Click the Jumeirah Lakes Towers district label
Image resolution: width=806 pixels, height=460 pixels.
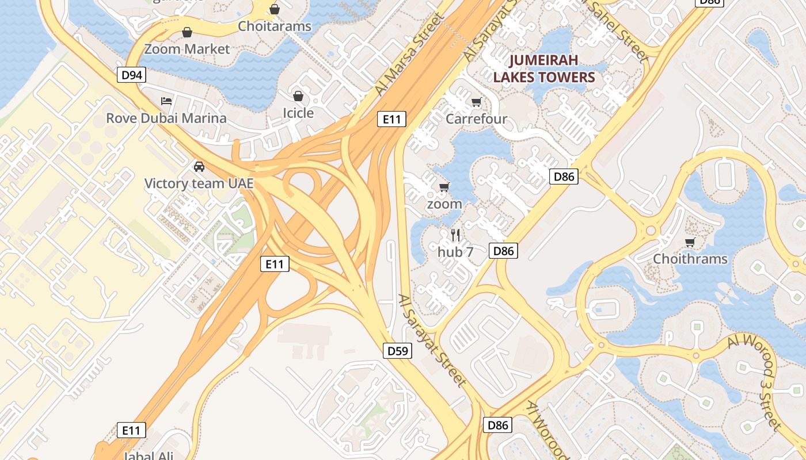tap(544, 68)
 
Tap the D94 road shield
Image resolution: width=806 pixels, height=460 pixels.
tap(131, 74)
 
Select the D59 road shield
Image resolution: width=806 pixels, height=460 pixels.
tap(398, 350)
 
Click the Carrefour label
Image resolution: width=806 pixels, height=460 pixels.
tap(476, 119)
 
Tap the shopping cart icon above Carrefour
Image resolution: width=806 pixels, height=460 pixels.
tap(476, 102)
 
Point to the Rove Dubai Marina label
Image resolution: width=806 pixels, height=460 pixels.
tap(166, 118)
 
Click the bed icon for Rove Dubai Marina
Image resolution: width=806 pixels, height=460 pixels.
tap(166, 102)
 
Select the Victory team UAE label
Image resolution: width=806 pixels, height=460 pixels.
tap(199, 183)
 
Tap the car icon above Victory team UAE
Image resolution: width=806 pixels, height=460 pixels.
tap(199, 167)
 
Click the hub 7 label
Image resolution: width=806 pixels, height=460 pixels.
tap(455, 251)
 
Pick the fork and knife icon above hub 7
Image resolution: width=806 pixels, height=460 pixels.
tap(455, 235)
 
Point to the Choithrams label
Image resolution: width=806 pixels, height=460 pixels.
tap(690, 259)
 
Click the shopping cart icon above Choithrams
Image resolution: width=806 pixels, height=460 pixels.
tap(690, 242)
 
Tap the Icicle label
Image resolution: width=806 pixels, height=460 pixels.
tap(298, 113)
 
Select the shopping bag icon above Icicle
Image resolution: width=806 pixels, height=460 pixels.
tap(298, 96)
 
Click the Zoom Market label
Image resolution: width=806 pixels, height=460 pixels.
tap(187, 49)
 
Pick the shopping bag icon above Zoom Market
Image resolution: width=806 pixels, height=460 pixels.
tap(187, 32)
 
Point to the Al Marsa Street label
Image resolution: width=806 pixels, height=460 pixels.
tap(409, 55)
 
